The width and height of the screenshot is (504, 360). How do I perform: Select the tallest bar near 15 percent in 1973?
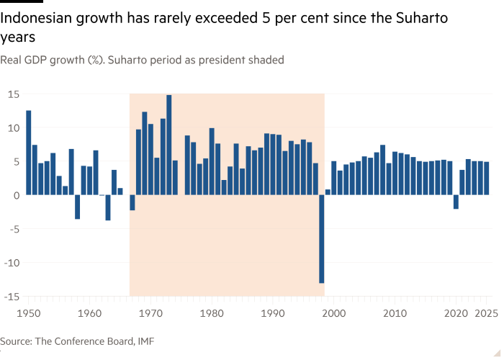point(168,145)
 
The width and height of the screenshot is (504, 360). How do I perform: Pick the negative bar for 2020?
point(456,202)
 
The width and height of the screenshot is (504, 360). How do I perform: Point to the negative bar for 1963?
point(108,208)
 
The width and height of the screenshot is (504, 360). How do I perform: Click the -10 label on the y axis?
point(11,263)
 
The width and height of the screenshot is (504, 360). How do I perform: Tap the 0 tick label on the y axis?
point(16,195)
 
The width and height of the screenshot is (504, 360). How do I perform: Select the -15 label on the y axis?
point(11,297)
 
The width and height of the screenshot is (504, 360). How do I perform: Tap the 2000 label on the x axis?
point(333,314)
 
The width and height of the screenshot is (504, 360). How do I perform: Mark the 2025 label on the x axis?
point(486,314)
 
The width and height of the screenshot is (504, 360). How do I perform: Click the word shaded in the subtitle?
point(266,60)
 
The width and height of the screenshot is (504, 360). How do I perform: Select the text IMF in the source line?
point(147,341)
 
